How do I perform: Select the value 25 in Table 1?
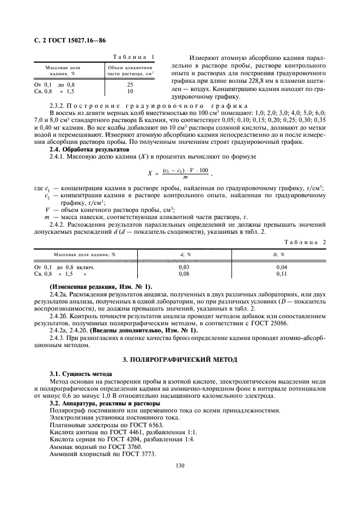click(x=130, y=85)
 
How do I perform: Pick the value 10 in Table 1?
click(x=130, y=92)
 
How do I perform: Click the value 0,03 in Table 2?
click(x=185, y=268)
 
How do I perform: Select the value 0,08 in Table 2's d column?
click(x=185, y=274)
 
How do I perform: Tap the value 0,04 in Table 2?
click(x=282, y=268)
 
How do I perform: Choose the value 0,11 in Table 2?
click(x=282, y=274)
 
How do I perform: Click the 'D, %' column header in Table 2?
click(x=282, y=254)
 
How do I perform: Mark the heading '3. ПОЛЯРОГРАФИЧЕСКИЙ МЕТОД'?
click(x=180, y=360)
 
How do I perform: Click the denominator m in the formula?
click(x=186, y=177)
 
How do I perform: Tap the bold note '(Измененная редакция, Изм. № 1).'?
click(x=101, y=287)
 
